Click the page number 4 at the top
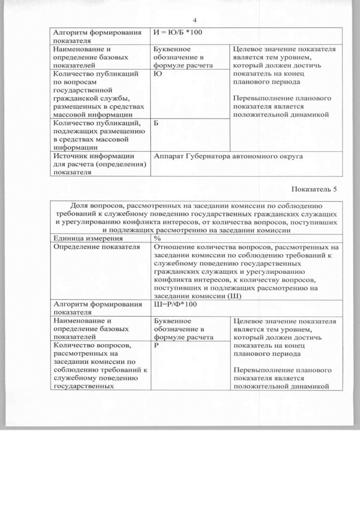coord(194,21)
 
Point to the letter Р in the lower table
coord(156,346)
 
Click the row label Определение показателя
coord(96,246)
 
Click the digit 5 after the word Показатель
coord(336,190)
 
